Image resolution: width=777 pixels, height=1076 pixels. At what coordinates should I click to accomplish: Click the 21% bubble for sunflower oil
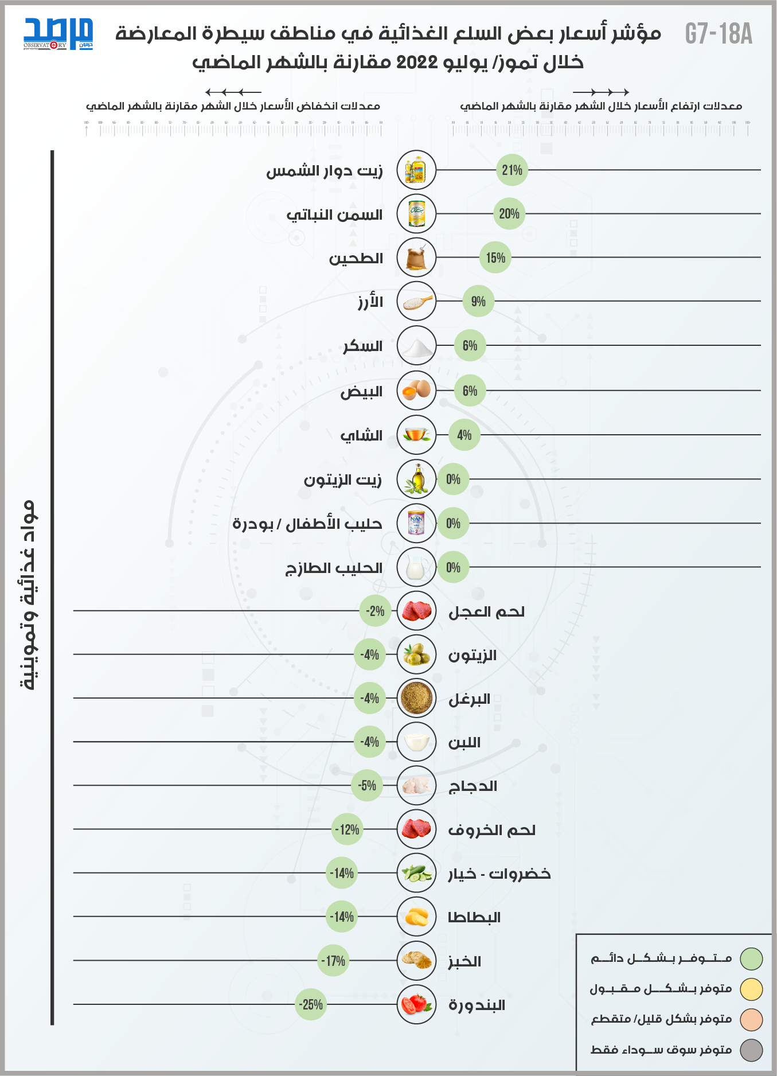tap(512, 170)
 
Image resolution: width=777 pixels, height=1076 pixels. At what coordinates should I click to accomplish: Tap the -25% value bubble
tap(311, 1004)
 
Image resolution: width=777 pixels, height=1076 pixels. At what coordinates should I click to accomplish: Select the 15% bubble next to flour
tap(495, 258)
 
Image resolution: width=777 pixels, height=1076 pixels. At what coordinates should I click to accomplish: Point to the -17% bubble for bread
tap(333, 961)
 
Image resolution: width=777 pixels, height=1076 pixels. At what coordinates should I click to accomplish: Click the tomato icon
tap(416, 1004)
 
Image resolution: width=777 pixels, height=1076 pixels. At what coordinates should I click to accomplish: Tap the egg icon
tap(416, 391)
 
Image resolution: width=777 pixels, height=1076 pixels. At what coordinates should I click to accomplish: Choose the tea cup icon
tap(416, 435)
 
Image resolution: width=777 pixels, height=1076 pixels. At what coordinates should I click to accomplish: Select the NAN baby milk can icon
tap(416, 523)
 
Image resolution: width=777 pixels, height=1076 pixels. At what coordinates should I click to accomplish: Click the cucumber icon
tap(416, 873)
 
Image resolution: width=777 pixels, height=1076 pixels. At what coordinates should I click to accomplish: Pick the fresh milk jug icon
tap(416, 567)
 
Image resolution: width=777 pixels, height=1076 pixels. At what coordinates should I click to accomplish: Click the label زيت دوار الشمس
tap(324, 171)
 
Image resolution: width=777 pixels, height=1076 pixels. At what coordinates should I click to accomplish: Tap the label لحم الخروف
tap(491, 830)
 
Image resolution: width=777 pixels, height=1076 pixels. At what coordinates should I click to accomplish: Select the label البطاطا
tap(474, 918)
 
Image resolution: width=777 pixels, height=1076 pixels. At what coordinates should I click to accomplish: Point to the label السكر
tap(362, 346)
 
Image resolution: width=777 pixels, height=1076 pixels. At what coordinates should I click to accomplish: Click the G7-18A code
tap(719, 34)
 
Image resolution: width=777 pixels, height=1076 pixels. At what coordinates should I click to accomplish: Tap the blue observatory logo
tap(58, 34)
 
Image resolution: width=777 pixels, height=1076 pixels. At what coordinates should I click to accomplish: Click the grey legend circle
tap(751, 1050)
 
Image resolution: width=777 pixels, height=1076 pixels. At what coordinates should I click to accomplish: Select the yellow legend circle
tap(751, 989)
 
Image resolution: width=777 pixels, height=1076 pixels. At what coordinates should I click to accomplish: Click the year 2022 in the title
tap(417, 62)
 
